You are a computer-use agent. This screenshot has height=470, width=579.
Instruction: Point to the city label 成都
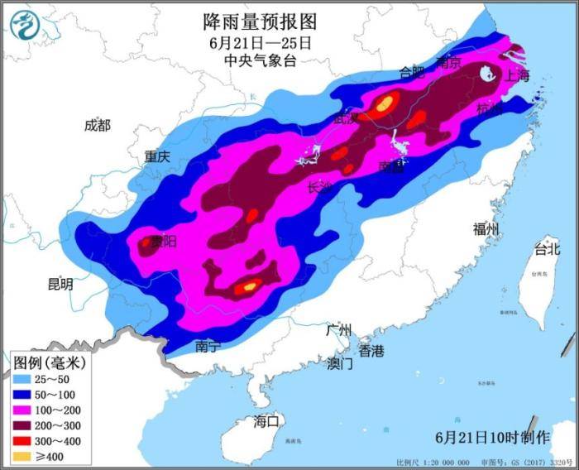[x=97, y=126]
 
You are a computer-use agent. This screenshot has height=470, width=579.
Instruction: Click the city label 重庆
[x=156, y=156]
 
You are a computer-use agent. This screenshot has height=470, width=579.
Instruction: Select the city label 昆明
[x=60, y=285]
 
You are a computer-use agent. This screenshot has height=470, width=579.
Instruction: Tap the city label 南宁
[x=208, y=347]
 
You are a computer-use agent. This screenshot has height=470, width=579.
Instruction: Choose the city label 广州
[x=339, y=330]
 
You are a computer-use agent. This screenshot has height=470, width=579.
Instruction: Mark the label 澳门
[x=340, y=363]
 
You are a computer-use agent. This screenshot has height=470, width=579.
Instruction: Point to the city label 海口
[x=268, y=421]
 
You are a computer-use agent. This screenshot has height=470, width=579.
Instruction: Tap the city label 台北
[x=547, y=248]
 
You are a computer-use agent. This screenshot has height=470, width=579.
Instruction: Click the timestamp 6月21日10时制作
[x=491, y=436]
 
